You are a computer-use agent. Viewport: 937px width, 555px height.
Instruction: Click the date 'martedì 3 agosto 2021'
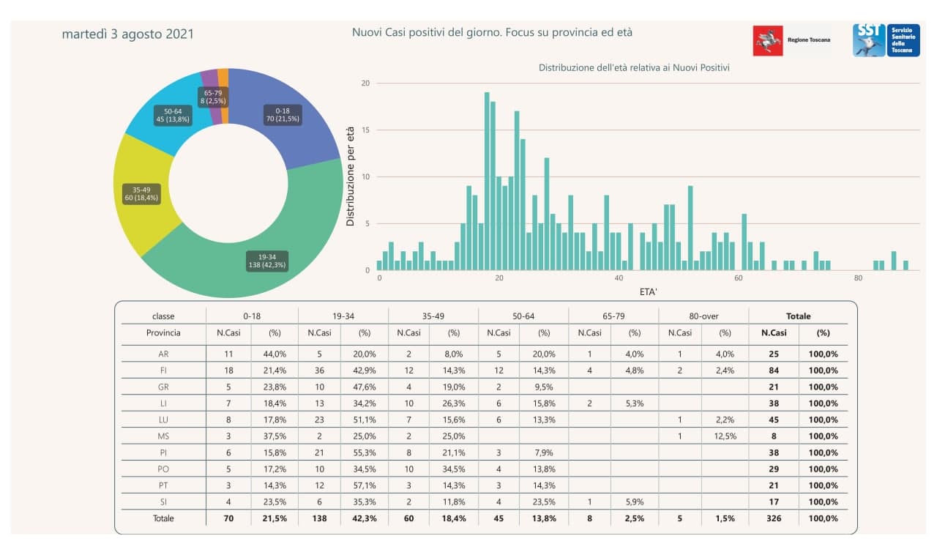128,34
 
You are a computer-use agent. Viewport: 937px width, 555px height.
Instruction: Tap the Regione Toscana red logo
768,40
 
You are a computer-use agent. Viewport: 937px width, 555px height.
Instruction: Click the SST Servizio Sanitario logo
868,40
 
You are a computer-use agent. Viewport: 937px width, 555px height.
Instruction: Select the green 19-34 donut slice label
267,261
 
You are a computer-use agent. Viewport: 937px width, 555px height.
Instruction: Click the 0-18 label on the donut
283,114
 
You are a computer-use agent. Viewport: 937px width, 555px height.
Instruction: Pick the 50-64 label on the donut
173,115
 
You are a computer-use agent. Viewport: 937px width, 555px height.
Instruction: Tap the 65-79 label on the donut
213,97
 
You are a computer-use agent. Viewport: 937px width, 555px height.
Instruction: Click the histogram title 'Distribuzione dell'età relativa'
633,68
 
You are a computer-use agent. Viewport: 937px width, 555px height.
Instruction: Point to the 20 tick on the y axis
365,83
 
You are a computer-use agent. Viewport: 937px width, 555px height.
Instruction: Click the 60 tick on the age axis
739,278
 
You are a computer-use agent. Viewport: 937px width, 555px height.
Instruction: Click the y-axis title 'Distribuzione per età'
351,176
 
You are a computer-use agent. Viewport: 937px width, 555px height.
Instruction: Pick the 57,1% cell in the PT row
365,485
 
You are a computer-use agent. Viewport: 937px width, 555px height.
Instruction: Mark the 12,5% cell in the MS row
725,436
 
